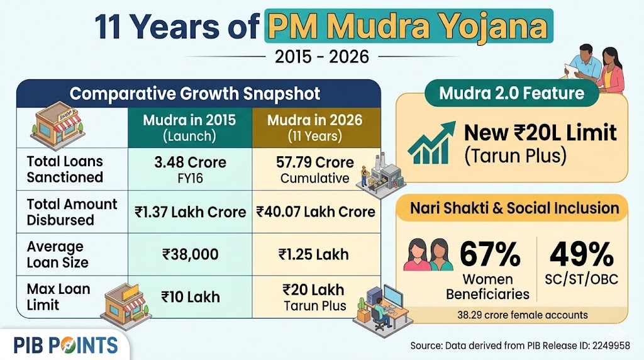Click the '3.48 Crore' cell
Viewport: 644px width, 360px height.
(x=190, y=162)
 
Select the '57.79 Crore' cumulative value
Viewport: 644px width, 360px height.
(x=315, y=162)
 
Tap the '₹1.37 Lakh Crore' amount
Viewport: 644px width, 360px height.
(x=190, y=212)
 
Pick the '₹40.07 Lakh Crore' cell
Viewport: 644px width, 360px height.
(x=315, y=212)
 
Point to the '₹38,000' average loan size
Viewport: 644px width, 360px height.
(x=190, y=254)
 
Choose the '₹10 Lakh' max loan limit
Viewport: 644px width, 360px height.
(x=190, y=296)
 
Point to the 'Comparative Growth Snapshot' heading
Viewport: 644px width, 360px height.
(x=195, y=94)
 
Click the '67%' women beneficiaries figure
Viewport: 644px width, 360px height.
(x=490, y=255)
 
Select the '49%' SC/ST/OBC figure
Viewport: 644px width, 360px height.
(x=582, y=255)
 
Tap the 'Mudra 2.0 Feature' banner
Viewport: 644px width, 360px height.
(x=511, y=94)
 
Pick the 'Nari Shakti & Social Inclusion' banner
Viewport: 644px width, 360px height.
(x=511, y=208)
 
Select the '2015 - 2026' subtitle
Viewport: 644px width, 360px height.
(x=322, y=57)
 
